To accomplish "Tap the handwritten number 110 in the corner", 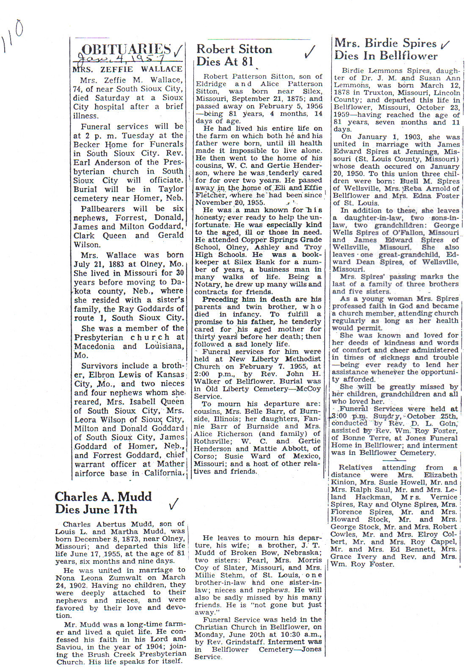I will point(13,36).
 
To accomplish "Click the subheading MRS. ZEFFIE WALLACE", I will point(127,69).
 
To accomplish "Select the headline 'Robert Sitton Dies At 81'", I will point(234,55).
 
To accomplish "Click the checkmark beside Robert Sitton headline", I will point(310,52).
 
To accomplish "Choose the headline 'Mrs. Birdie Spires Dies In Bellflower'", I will point(385,49).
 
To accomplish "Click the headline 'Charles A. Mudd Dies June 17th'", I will point(103,503).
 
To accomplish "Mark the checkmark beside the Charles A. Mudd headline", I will point(173,504).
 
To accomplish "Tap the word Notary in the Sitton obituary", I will point(207,285).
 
